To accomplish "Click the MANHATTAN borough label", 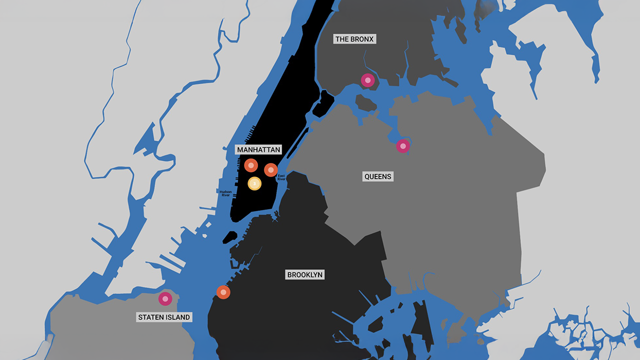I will (x=258, y=150).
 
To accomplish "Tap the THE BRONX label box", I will (x=354, y=39).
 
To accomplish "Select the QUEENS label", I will (x=377, y=176).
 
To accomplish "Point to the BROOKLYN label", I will (x=305, y=275).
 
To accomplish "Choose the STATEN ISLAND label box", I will (x=164, y=317).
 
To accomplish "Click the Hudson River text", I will (x=225, y=193).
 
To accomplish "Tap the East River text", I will (x=281, y=177).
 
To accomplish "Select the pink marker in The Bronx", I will (x=368, y=80).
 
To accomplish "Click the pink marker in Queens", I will (x=403, y=146).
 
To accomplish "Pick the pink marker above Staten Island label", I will (x=165, y=298).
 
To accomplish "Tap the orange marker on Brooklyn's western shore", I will (x=223, y=292).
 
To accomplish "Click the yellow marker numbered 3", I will (x=254, y=184).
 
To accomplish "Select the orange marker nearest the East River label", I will (x=271, y=170).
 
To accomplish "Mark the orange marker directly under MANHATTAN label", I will (x=251, y=165).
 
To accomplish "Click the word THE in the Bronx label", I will (x=342, y=39).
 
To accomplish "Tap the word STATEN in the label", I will (x=150, y=317).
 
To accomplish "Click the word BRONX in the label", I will (x=362, y=39).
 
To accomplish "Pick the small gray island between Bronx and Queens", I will (x=365, y=103).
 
